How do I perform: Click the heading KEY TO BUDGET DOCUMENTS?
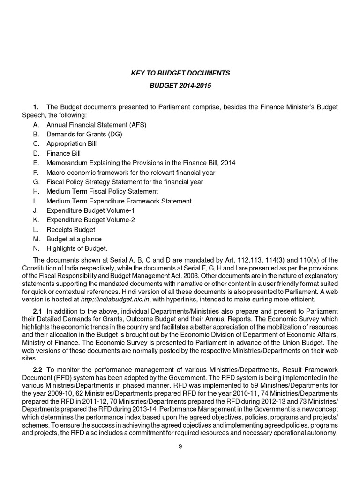[x=180, y=73]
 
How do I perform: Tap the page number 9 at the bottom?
[x=180, y=446]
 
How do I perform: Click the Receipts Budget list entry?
[x=71, y=230]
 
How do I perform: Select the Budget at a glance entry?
[x=74, y=239]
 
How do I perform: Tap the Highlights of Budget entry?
[x=77, y=248]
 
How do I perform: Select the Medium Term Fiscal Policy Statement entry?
[x=102, y=191]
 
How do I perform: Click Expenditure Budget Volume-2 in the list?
[x=90, y=220]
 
